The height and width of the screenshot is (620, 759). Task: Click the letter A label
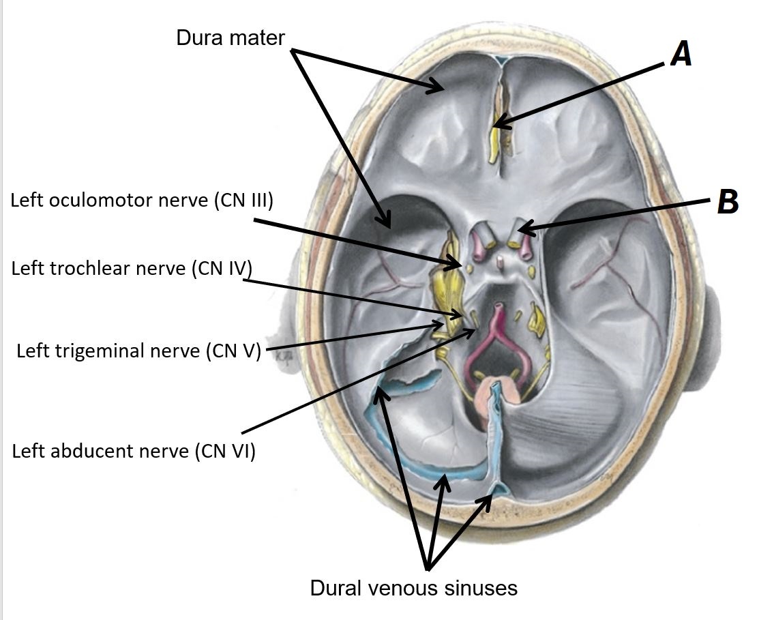(x=681, y=53)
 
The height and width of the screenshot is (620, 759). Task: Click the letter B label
(x=728, y=202)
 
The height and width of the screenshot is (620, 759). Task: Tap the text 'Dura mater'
(x=230, y=37)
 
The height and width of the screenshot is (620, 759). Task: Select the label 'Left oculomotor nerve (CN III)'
(x=142, y=201)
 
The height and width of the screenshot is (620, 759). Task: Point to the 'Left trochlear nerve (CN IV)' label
(x=131, y=268)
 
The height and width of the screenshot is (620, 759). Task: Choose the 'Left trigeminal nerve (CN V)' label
(x=139, y=351)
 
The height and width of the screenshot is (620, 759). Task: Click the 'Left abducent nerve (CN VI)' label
(x=134, y=451)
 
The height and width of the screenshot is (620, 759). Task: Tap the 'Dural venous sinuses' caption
(x=414, y=587)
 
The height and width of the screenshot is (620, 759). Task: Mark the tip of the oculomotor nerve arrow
(x=462, y=264)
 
